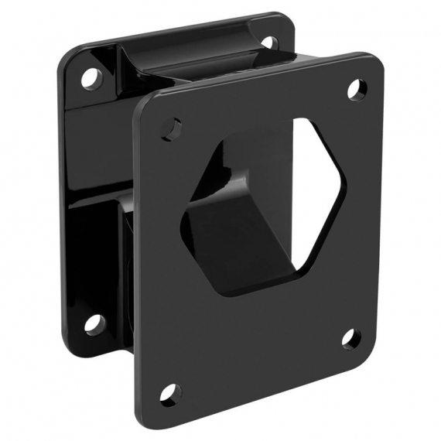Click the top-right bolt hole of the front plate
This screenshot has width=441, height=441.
(357, 90)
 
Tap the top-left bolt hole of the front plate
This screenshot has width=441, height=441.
(172, 128)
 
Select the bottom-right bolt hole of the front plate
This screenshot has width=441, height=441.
(350, 338)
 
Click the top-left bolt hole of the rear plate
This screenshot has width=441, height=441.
(91, 77)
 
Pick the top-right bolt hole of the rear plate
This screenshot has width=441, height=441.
(268, 41)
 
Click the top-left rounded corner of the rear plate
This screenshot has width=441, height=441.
(63, 58)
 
